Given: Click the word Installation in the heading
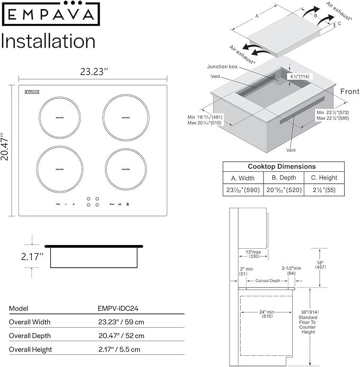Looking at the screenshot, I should coord(49,41).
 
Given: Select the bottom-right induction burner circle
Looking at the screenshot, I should coord(126,168).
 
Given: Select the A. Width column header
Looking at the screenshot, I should coord(243,178).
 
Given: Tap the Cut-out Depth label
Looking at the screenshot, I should coord(268,280).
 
